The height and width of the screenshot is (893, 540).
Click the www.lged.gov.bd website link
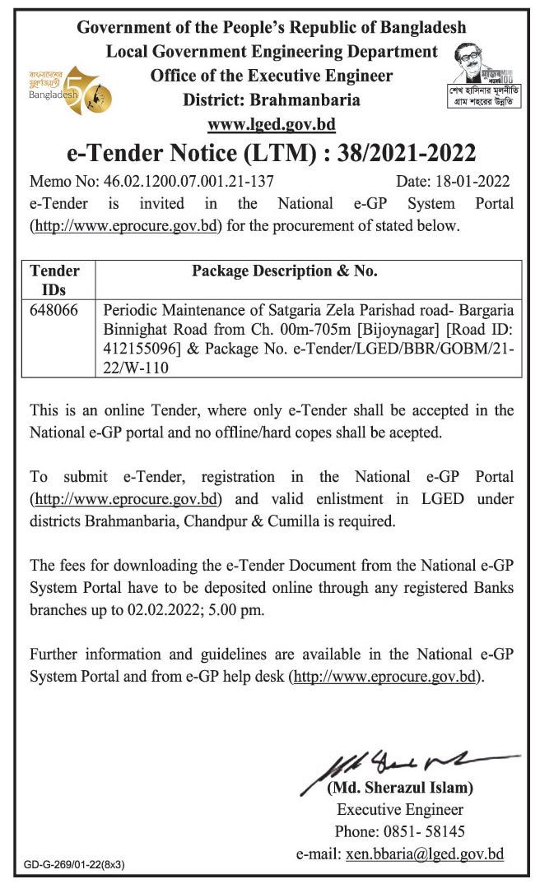(272, 125)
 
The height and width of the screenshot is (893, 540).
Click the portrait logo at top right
(485, 76)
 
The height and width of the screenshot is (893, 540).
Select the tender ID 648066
(51, 311)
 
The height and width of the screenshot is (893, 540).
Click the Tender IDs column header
(54, 280)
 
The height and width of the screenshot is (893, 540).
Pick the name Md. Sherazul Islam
(400, 788)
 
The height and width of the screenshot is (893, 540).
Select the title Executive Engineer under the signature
(400, 809)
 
